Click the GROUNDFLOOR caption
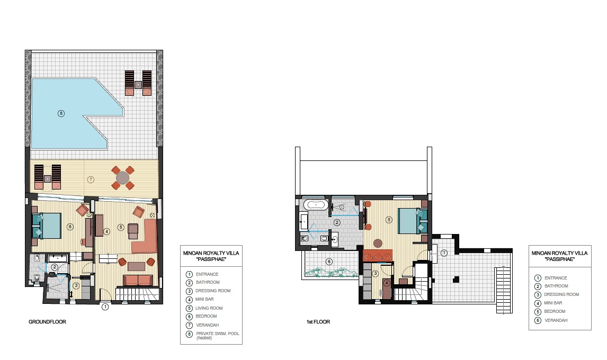point(47,322)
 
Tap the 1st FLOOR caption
point(318,322)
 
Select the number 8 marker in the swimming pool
point(61,113)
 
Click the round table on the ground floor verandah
point(123,178)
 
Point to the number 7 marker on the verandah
point(91,179)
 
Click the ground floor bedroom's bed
point(47,226)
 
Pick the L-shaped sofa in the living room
point(145,237)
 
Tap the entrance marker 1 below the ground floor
point(105,307)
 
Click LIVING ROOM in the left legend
point(209,308)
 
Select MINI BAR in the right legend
point(553,303)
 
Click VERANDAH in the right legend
point(556,320)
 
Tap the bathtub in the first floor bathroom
point(316,204)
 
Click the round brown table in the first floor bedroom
point(378,244)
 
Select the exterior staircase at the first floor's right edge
point(504,290)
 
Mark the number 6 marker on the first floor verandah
point(329,262)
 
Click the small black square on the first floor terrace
point(457,279)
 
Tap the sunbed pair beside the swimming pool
point(138,83)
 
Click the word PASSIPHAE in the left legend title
point(211,259)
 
